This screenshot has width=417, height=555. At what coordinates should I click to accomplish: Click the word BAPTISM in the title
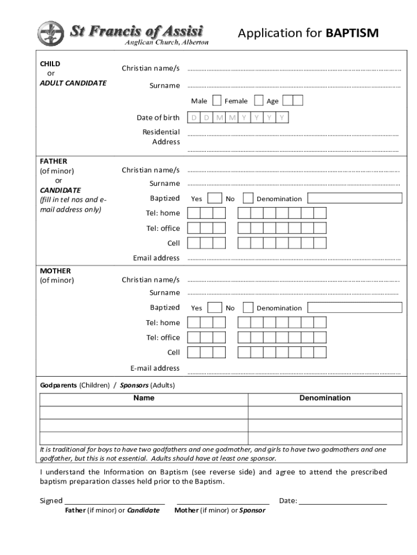point(352,34)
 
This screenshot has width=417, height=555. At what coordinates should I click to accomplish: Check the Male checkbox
point(217,100)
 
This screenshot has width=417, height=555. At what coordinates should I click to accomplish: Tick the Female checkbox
point(259,100)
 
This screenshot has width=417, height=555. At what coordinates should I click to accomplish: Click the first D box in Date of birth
point(193,118)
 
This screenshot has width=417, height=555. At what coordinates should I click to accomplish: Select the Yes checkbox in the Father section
point(215,198)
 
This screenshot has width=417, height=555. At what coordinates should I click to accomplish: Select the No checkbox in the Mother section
point(248,307)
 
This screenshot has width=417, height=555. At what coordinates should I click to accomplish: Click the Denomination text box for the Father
point(355,198)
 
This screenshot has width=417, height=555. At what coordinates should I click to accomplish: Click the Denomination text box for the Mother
point(355,307)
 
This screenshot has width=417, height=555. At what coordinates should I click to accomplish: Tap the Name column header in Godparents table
point(144,398)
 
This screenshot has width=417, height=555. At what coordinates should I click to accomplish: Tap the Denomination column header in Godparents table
point(325,398)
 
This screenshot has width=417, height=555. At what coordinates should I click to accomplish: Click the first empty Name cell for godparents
point(144,412)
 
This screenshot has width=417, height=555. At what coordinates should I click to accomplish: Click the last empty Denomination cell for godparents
point(325,438)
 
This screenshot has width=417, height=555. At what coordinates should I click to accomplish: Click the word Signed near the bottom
point(51,501)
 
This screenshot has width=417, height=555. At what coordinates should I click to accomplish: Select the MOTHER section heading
point(55,270)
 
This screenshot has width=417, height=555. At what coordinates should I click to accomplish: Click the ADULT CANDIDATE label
point(73,83)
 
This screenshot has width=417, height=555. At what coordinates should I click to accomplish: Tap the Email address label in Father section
point(157,258)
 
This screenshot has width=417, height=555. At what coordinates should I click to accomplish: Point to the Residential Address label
point(161,137)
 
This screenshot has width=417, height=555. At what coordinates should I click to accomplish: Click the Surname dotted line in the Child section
point(294,86)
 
